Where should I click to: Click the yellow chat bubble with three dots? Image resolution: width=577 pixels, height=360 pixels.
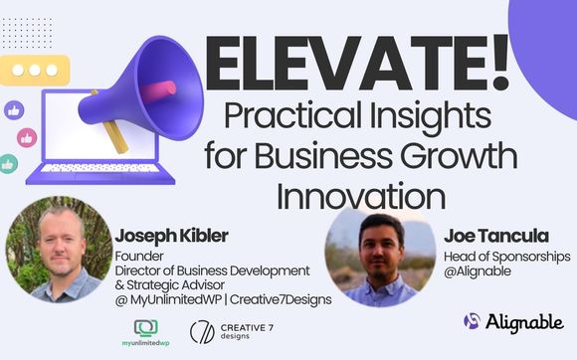click(x=41, y=73)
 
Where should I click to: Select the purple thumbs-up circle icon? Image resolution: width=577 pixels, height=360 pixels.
click(x=15, y=109)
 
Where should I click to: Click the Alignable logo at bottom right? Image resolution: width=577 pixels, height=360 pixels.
click(x=513, y=321)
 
